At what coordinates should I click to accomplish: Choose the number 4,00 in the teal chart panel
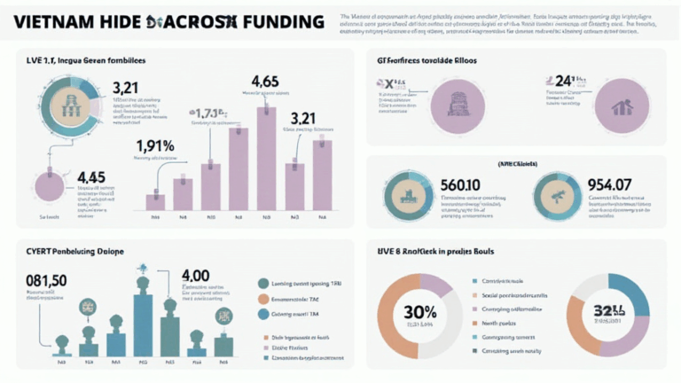click(196, 276)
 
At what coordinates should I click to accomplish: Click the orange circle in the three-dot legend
click(263, 299)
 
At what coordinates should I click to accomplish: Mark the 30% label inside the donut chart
click(419, 312)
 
